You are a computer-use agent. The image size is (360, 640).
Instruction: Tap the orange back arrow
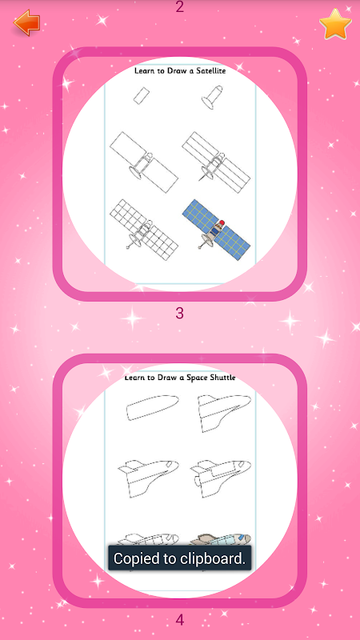(26, 22)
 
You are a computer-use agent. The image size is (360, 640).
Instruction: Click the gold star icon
(335, 24)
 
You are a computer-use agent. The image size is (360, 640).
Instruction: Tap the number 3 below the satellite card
(179, 314)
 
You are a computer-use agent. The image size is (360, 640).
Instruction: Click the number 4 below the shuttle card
(179, 621)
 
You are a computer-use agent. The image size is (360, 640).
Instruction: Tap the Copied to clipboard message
(179, 558)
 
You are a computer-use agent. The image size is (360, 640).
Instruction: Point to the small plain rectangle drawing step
(142, 95)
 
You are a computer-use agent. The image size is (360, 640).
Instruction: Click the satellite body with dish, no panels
(212, 98)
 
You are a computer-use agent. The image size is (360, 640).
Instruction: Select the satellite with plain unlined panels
(144, 162)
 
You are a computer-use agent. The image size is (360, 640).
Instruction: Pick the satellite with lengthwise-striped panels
(216, 162)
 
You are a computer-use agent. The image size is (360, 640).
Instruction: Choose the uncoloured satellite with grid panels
(144, 230)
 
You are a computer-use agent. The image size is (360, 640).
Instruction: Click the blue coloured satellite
(216, 230)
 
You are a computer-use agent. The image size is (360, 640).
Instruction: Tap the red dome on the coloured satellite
(222, 222)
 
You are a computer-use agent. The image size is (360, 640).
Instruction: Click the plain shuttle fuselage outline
(152, 408)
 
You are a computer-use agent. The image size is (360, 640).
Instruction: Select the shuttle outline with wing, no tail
(224, 413)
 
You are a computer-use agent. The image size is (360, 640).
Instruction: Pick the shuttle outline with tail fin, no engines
(148, 478)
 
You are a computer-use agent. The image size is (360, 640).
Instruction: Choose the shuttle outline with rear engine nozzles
(221, 478)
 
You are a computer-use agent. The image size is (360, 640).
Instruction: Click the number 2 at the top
(179, 6)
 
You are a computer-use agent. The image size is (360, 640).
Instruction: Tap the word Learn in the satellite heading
(143, 70)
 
